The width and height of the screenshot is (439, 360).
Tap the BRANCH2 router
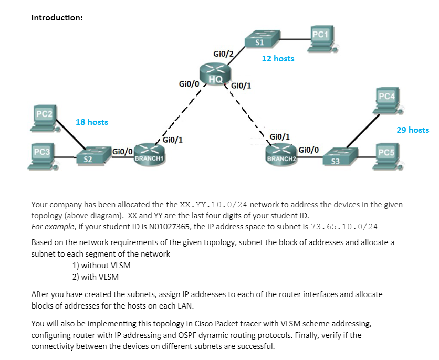282,153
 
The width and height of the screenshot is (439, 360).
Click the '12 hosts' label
278,59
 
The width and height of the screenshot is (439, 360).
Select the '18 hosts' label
92,122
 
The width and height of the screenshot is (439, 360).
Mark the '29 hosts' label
412,130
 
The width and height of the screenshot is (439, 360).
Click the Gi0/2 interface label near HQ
223,54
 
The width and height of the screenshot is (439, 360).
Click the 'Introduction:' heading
57,18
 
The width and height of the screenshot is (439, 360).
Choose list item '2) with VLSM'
96,277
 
